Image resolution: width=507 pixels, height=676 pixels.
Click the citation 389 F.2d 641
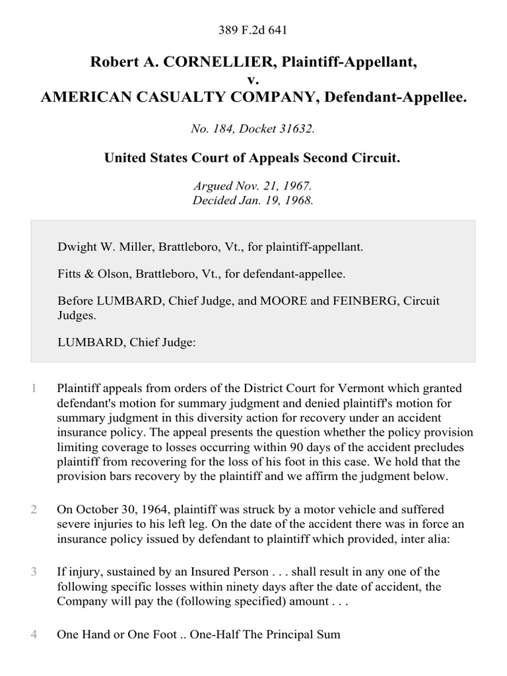coord(253,30)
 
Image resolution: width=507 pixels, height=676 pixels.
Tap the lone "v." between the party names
coord(253,80)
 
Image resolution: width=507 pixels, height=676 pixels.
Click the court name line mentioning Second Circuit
coord(253,159)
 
